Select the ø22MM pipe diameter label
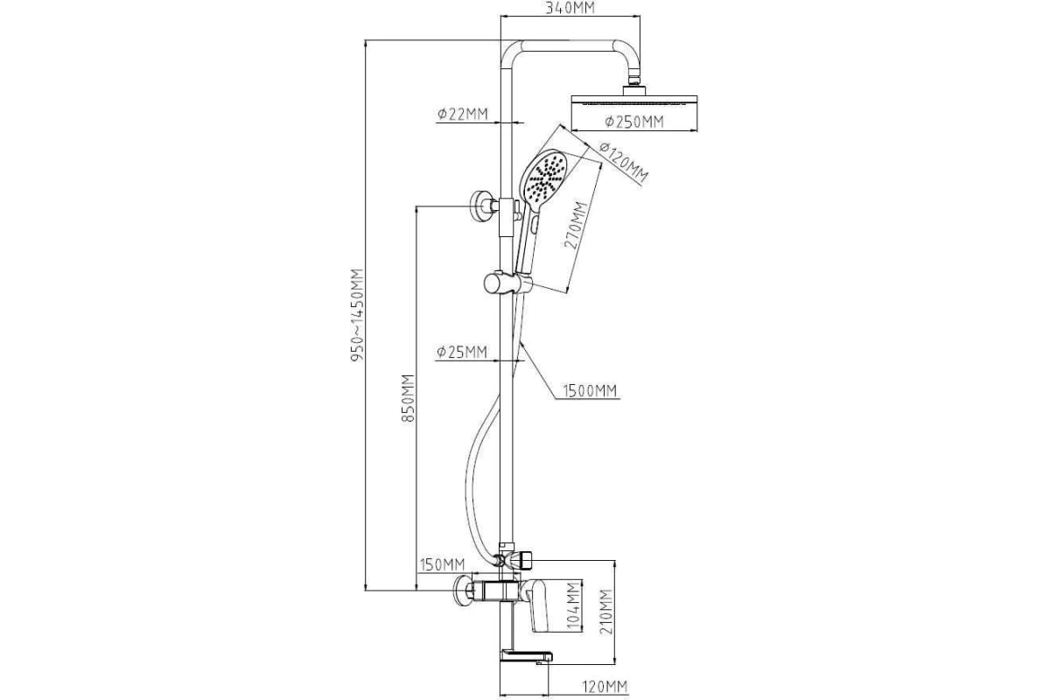[462, 114]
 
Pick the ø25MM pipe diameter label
[462, 352]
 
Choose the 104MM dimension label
[573, 605]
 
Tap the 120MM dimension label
[605, 685]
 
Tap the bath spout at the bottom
[524, 655]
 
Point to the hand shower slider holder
[507, 283]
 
